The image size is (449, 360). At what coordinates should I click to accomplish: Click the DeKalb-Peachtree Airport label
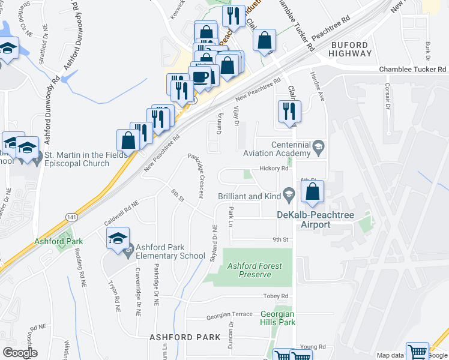[303, 220]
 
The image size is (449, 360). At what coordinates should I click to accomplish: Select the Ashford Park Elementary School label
[170, 251]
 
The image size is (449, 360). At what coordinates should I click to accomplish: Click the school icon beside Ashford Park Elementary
[118, 238]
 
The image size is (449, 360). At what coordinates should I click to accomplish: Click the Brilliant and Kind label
[249, 196]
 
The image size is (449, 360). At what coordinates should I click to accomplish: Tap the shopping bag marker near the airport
[312, 192]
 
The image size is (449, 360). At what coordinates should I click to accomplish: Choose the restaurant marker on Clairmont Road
[289, 112]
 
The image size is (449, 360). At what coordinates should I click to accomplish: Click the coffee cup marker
[199, 76]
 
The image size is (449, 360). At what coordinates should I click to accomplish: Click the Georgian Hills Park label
[278, 318]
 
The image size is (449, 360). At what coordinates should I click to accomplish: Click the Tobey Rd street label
[276, 296]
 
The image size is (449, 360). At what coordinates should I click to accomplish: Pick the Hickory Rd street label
[274, 169]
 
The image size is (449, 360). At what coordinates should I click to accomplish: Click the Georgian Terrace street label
[229, 314]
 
